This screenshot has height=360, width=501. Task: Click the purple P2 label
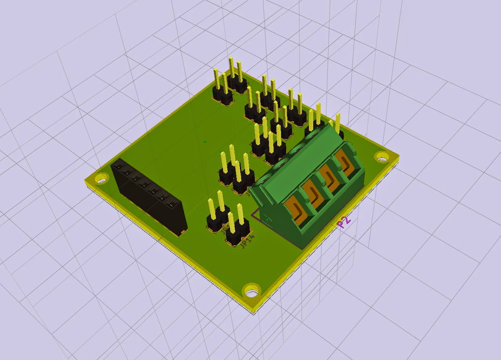(x=344, y=222)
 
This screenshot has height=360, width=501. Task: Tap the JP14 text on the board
(x=247, y=241)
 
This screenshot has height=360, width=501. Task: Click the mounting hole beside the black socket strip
(x=101, y=180)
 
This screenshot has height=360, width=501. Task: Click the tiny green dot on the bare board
(x=205, y=142)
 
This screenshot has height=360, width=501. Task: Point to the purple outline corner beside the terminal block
(x=253, y=215)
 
